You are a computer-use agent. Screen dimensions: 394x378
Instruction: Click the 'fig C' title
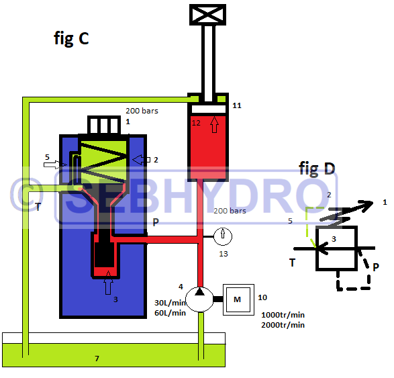[x=71, y=38]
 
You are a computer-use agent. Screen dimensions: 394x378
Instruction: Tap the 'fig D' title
[x=317, y=169]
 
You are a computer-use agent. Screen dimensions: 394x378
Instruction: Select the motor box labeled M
[x=238, y=299]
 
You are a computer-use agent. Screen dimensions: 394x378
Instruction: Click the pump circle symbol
[x=199, y=299]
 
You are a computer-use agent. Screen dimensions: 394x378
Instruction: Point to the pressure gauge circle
[x=223, y=236]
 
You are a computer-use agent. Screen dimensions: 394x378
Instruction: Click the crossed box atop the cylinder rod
[x=207, y=15]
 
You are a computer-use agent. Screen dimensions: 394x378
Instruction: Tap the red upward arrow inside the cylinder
[x=214, y=124]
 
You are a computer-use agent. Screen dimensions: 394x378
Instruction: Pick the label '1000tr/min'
[x=283, y=315]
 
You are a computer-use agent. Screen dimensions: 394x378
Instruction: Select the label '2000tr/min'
[x=283, y=325]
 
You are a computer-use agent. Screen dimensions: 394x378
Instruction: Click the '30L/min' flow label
[x=170, y=303]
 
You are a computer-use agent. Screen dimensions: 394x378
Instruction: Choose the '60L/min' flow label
[x=170, y=313]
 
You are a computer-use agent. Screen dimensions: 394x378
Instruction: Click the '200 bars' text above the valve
[x=142, y=111]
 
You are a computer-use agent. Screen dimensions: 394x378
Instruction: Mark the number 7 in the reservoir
[x=97, y=359]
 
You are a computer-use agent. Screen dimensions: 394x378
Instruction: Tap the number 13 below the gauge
[x=224, y=254]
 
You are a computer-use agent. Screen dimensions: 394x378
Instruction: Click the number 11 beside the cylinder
[x=237, y=105]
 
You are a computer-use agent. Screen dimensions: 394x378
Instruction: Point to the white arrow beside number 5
[x=55, y=164]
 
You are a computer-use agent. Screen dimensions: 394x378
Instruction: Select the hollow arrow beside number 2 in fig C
[x=141, y=160]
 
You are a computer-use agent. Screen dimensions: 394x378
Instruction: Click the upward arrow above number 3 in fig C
[x=108, y=283]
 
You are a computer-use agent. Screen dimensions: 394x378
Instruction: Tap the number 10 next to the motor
[x=262, y=297]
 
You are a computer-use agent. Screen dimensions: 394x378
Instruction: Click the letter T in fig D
[x=292, y=263]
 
